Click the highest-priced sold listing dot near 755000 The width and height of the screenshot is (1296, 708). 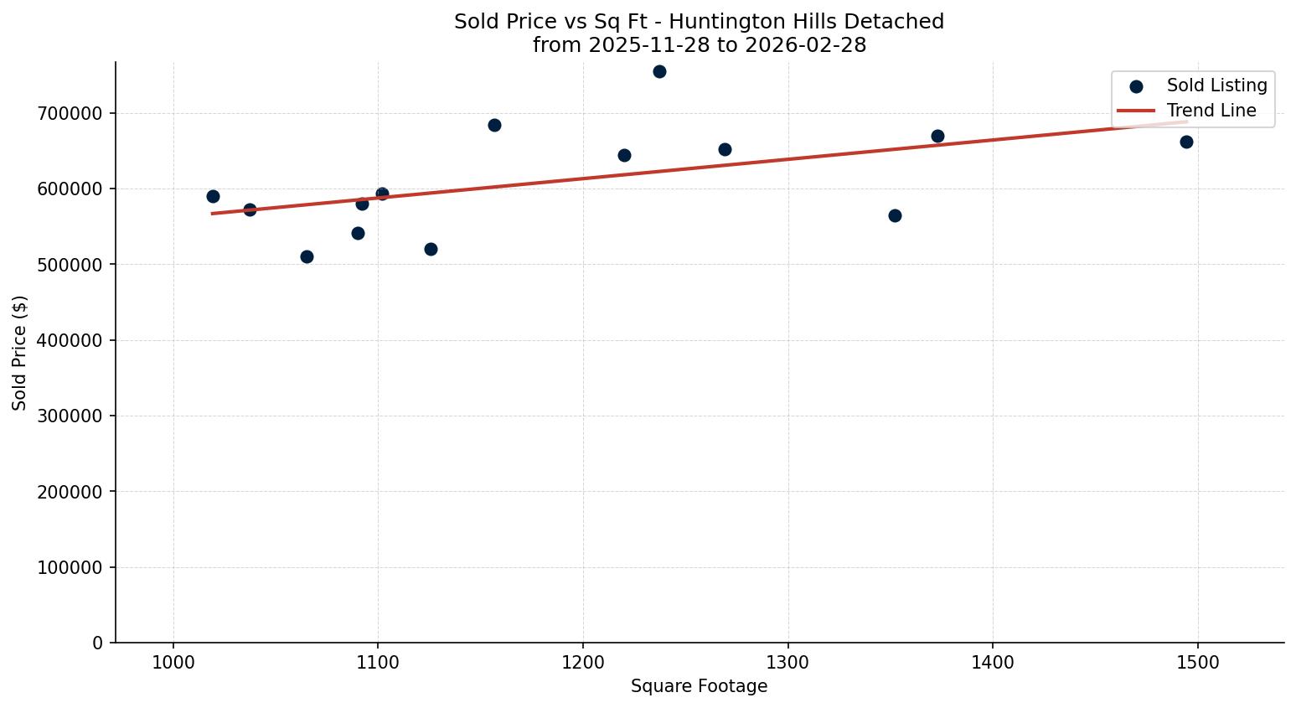tap(659, 71)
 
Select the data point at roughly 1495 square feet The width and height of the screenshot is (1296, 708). tap(1186, 142)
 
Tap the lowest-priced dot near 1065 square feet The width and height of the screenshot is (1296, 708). tap(307, 256)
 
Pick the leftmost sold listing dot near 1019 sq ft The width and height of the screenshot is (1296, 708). tap(213, 196)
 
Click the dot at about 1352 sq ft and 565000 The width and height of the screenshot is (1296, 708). tap(895, 215)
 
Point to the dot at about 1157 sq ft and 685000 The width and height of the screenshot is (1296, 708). tap(494, 125)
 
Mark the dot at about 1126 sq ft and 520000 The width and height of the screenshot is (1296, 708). tap(431, 249)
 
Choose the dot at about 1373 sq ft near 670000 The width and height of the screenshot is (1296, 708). tap(937, 136)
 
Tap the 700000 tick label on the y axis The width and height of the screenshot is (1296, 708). tap(70, 113)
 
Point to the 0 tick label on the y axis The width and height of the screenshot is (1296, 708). tap(98, 643)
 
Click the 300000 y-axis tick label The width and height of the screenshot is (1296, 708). tap(70, 416)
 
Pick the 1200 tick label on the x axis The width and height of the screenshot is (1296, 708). tap(583, 661)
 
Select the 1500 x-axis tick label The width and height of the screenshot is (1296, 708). tap(1197, 661)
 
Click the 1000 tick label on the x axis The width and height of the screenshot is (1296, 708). tap(173, 661)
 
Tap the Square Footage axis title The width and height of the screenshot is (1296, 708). tap(699, 686)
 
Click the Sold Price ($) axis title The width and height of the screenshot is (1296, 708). tap(19, 353)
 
